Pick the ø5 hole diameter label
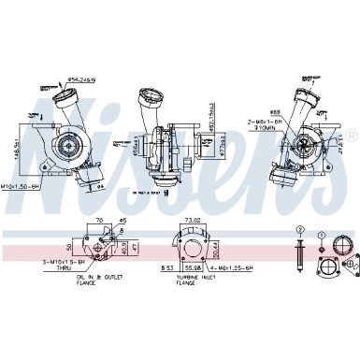[122, 221]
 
